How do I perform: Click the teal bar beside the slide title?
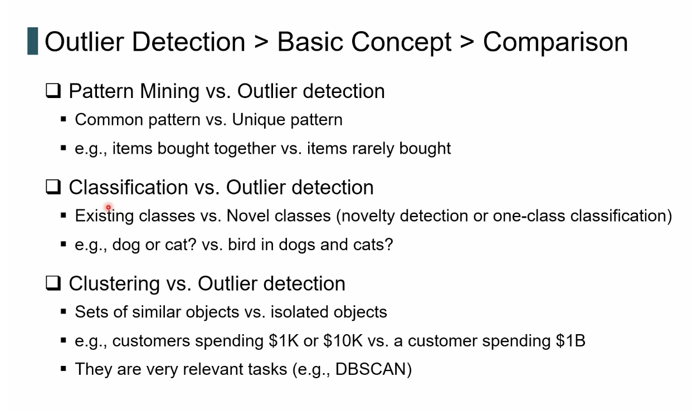[32, 41]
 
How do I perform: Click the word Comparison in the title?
[555, 42]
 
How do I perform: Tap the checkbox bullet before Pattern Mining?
[53, 91]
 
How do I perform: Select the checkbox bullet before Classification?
[53, 187]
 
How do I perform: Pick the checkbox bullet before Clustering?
[53, 283]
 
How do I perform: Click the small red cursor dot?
[109, 207]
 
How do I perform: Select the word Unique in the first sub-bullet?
[259, 119]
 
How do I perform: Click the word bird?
[242, 244]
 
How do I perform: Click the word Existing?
[104, 216]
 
